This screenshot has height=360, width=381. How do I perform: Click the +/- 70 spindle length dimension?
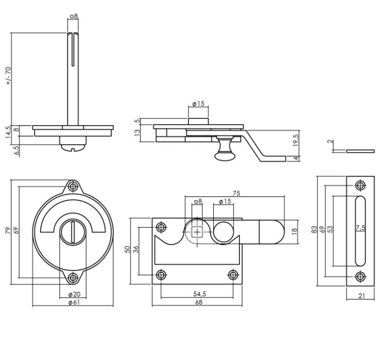tap(8, 76)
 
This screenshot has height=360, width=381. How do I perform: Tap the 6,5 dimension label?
tap(16, 150)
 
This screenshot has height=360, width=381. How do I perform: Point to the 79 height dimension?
tap(8, 231)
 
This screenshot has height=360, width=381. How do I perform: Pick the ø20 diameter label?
tap(74, 294)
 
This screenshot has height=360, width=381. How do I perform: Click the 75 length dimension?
tap(236, 193)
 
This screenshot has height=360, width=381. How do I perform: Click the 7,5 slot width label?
tap(360, 228)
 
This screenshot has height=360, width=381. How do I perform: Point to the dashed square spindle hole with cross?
tap(197, 232)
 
